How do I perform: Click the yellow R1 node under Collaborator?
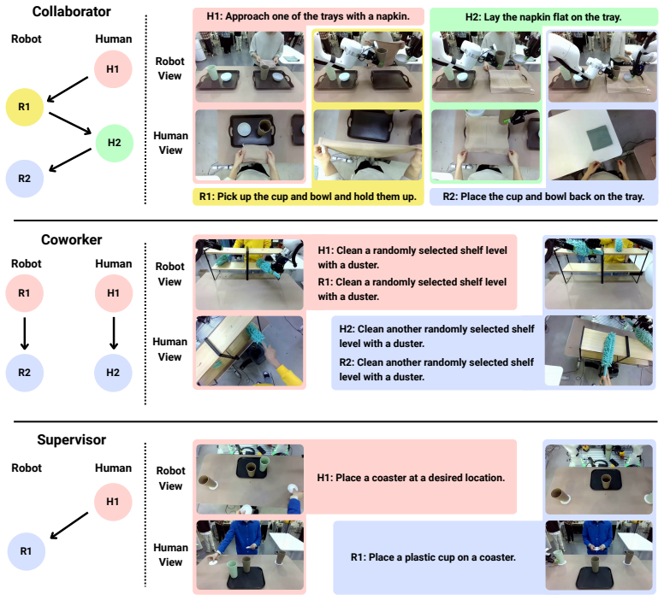25,107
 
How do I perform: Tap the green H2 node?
115,143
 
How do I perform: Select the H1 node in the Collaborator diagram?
113,69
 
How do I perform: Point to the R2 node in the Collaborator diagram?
25,179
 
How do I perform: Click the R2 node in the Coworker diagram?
25,373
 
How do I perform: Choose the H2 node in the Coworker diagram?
113,373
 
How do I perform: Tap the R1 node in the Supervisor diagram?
27,551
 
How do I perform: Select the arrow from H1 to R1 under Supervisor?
69,526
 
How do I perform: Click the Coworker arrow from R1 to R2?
25,333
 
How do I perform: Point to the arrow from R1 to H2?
70,124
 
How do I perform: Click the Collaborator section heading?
72,11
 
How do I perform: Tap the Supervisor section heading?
72,439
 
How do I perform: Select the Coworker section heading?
72,240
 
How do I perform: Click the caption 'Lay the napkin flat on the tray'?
553,17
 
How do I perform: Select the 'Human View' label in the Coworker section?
169,349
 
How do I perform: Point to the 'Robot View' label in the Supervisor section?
170,478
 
